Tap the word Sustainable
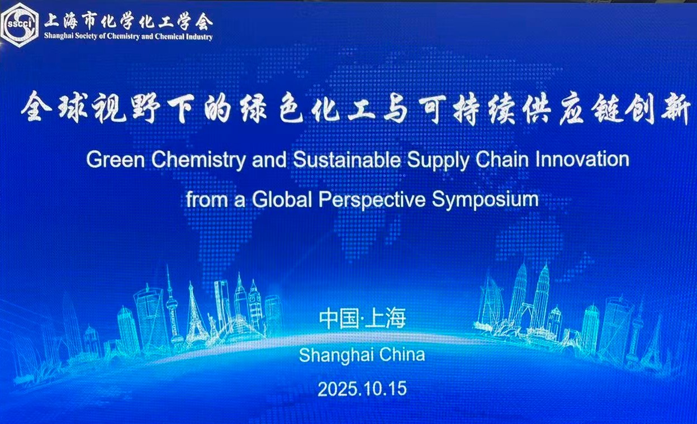(x=347, y=160)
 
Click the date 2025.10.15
(x=362, y=389)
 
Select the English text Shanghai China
(x=362, y=355)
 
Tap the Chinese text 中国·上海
(x=362, y=319)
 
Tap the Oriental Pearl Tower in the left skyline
(x=172, y=307)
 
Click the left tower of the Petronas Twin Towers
(x=518, y=296)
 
